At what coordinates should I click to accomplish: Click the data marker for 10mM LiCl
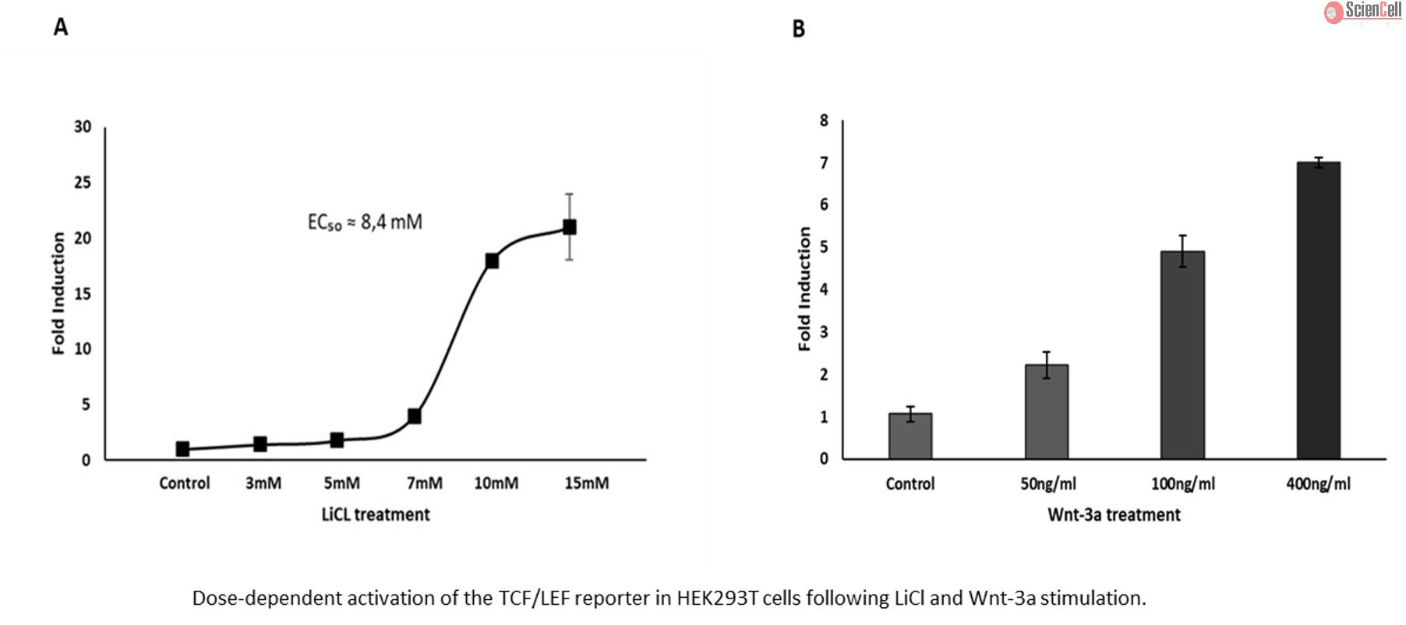492,260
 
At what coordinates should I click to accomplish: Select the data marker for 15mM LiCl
570,227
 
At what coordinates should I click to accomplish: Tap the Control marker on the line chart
182,449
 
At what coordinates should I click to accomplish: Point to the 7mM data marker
415,416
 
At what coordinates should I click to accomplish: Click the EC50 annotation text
365,223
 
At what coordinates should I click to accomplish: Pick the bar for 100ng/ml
1182,355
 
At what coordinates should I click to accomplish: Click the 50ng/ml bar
1047,411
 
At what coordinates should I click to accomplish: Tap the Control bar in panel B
910,436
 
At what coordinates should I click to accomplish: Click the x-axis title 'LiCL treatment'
376,514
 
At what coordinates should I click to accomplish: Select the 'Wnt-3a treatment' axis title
1114,514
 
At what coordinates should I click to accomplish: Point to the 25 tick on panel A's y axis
83,182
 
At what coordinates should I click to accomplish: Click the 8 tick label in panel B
824,121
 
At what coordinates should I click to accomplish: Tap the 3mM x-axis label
263,483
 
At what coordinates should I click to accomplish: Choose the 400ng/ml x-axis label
1318,484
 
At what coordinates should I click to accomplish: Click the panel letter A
61,27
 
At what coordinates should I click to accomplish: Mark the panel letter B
798,29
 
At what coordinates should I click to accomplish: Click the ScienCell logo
1363,11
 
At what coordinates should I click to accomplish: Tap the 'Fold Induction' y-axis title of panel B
804,289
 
